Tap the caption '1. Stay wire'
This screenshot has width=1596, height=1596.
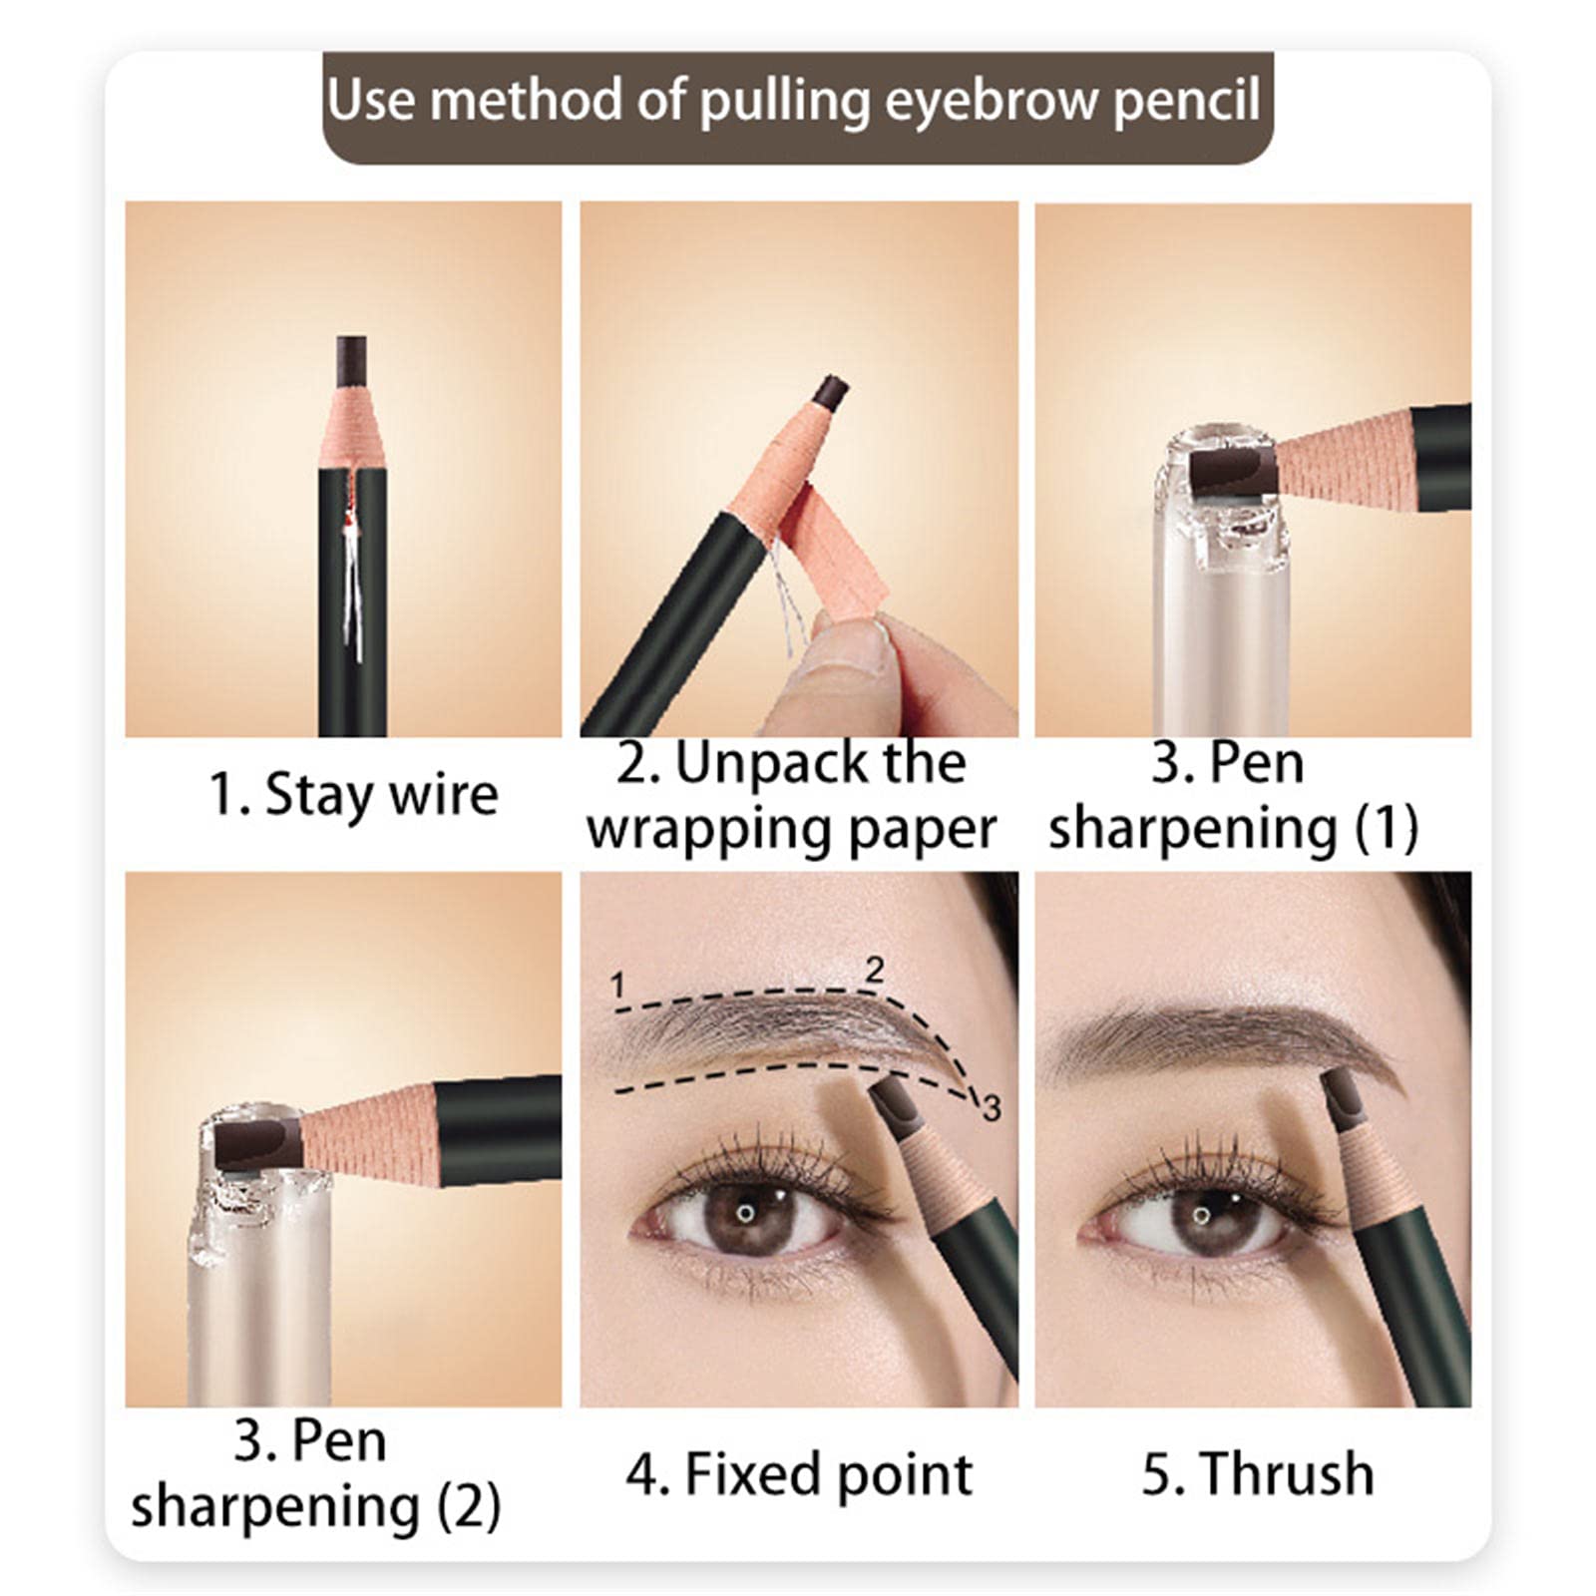tap(353, 795)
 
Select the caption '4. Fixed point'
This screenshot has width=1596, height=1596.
tap(799, 1474)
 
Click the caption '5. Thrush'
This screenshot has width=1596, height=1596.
tap(1257, 1473)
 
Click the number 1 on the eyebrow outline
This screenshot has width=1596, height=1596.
tap(617, 986)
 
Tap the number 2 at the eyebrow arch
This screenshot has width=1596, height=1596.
tap(875, 969)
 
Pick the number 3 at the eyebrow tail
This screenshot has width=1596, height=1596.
tap(992, 1107)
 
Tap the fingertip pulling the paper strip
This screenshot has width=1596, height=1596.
tap(859, 649)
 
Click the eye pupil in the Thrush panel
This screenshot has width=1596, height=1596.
tap(1203, 1216)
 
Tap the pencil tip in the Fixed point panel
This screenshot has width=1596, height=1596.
tap(891, 1105)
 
